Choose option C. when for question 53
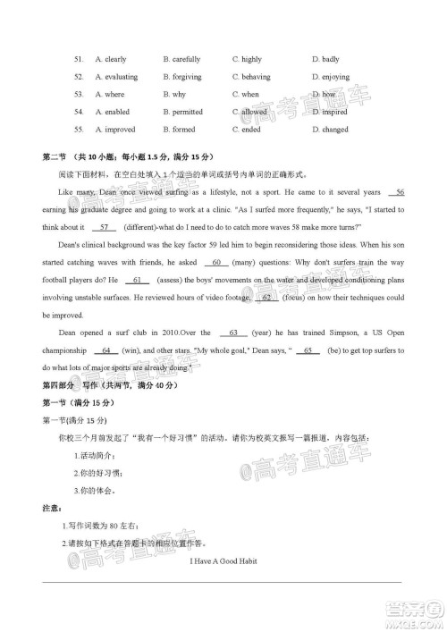pyautogui.click(x=245, y=94)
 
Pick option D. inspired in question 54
pyautogui.click(x=330, y=112)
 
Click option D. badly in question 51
pyautogui.click(x=325, y=59)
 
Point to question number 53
pyautogui.click(x=79, y=94)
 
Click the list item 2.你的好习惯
pyautogui.click(x=97, y=472)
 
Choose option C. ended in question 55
pyautogui.click(x=246, y=130)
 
